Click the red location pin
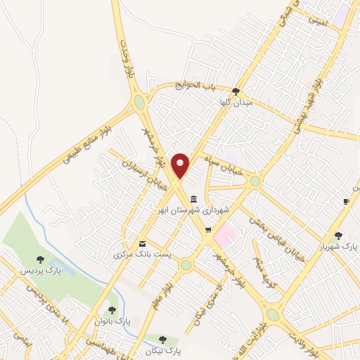pyautogui.click(x=181, y=165)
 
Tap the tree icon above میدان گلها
pyautogui.click(x=236, y=91)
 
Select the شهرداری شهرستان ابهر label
pyautogui.click(x=191, y=210)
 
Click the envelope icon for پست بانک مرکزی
pyautogui.click(x=143, y=243)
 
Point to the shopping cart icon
pyautogui.click(x=207, y=230)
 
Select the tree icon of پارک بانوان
pyautogui.click(x=112, y=309)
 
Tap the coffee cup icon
pyautogui.click(x=346, y=202)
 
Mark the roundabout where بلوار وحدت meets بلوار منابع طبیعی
pyautogui.click(x=140, y=103)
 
